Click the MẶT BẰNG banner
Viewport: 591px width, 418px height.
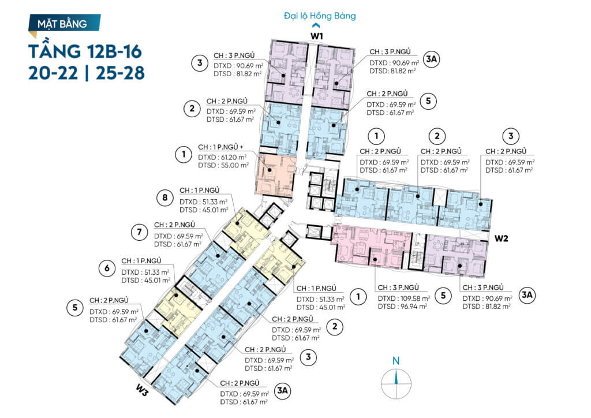click(64, 24)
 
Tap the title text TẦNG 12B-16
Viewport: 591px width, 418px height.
click(85, 51)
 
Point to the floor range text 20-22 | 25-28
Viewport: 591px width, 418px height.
click(87, 73)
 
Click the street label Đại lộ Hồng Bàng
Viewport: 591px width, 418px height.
click(320, 16)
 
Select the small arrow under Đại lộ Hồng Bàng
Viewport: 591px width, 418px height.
click(316, 25)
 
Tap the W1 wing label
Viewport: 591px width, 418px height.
click(317, 36)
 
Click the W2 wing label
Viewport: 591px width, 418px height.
click(502, 238)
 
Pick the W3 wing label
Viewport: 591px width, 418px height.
click(141, 391)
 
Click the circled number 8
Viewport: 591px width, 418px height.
click(164, 197)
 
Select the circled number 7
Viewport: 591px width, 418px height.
click(139, 232)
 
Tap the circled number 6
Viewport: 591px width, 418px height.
click(107, 268)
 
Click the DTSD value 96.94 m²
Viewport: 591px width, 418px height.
click(412, 307)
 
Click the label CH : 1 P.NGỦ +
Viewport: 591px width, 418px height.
click(221, 147)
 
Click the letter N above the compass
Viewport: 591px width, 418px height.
click(396, 361)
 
